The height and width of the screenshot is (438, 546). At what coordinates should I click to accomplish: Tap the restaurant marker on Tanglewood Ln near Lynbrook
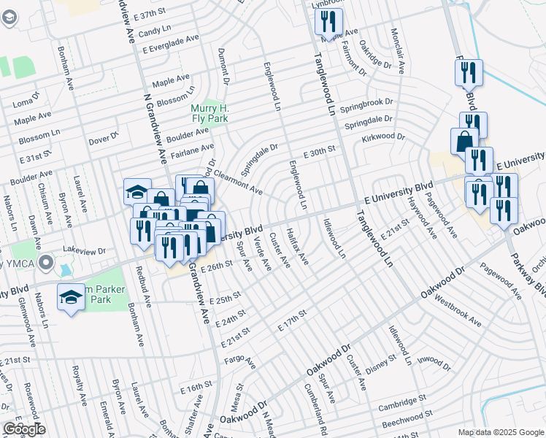click(328, 21)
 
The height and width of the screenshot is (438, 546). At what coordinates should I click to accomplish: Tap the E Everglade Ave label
click(171, 44)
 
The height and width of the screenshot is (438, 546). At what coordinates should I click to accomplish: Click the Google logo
click(24, 429)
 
